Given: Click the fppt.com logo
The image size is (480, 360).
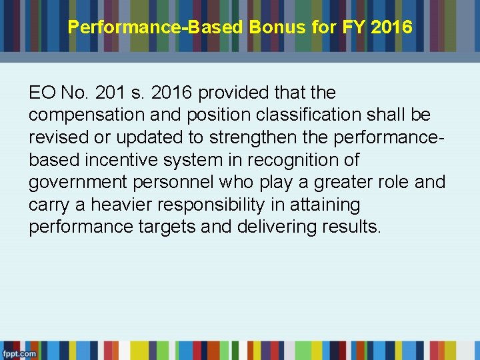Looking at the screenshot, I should [x=19, y=353].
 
